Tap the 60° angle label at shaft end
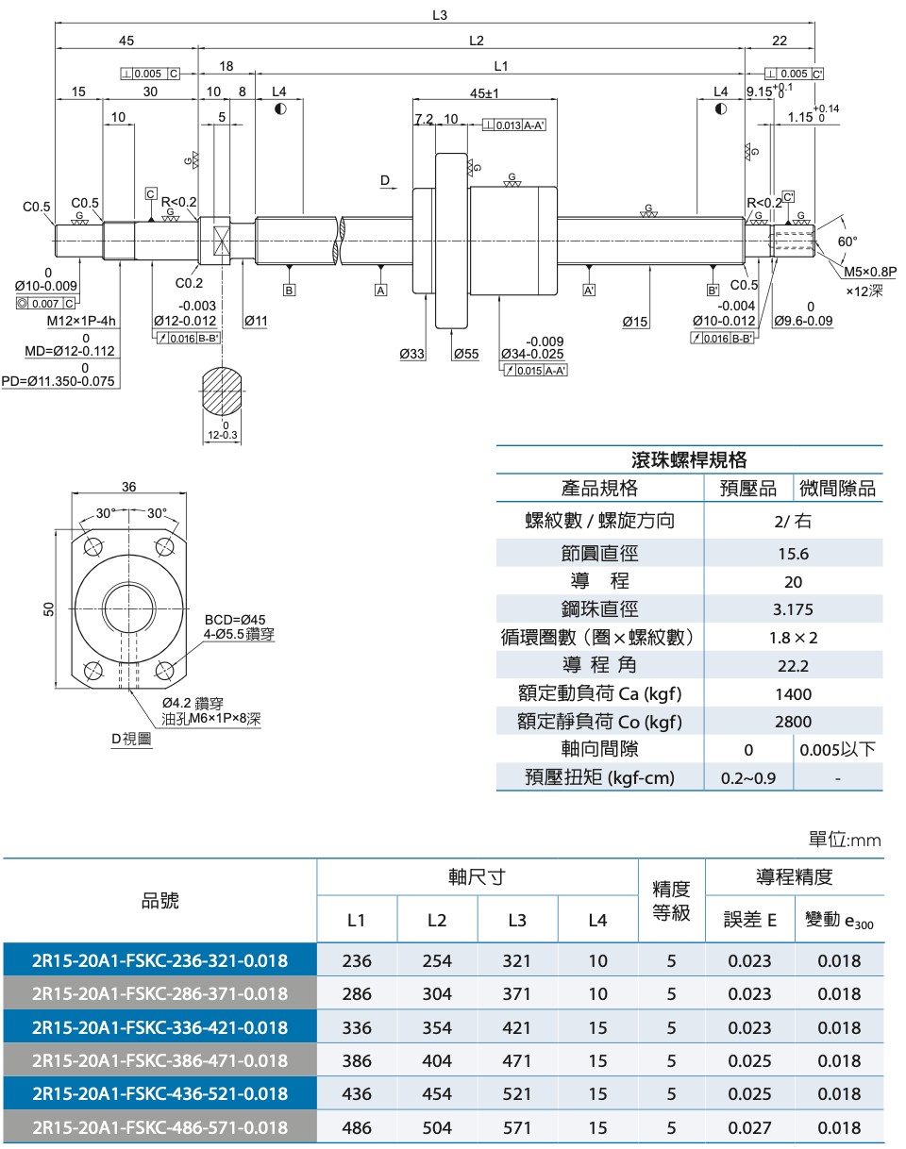pos(847,241)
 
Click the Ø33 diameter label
pos(411,354)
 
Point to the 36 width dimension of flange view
pos(129,487)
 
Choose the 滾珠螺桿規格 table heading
pos(689,459)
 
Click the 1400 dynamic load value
pos(793,694)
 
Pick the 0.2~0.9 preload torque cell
pos(748,778)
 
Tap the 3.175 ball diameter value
pos(793,609)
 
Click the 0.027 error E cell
pos(749,1126)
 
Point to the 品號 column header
pos(159,901)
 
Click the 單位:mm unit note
pos(845,840)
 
